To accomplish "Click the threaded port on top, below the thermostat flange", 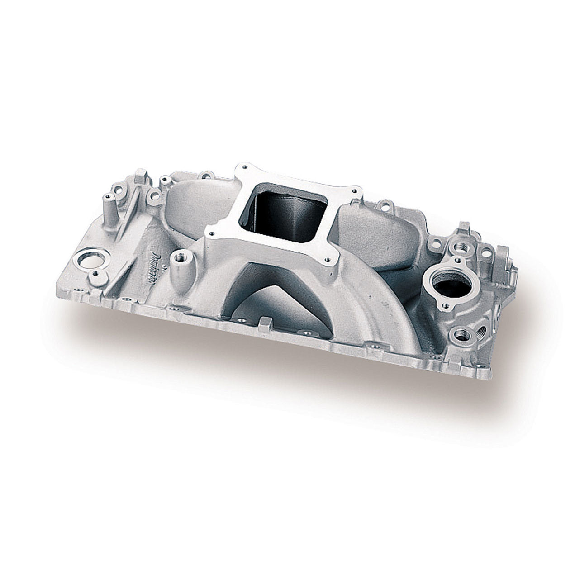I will (x=461, y=335).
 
